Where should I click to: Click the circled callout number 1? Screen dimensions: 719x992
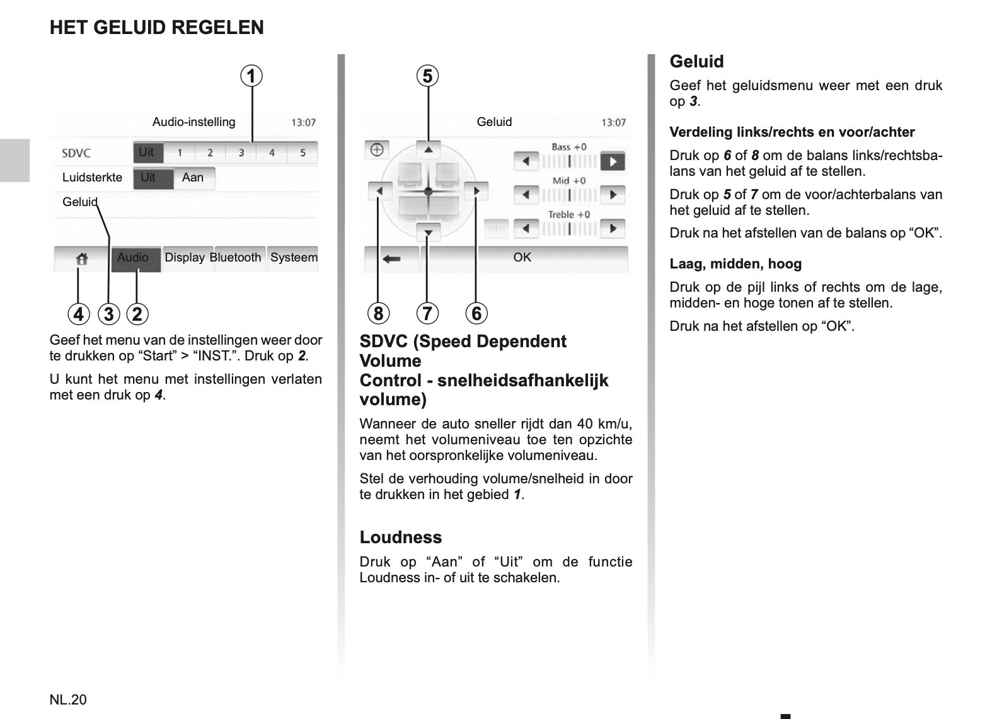pyautogui.click(x=251, y=76)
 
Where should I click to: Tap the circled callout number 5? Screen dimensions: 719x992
pyautogui.click(x=428, y=76)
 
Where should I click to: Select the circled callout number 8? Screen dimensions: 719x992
pyautogui.click(x=378, y=313)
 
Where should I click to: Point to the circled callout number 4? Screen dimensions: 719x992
pyautogui.click(x=78, y=314)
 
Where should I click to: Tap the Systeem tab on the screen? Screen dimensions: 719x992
pyautogui.click(x=294, y=258)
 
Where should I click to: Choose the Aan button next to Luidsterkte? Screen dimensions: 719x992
pyautogui.click(x=193, y=178)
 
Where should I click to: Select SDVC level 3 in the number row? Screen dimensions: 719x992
pyautogui.click(x=241, y=152)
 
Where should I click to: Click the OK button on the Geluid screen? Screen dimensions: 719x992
pyautogui.click(x=522, y=258)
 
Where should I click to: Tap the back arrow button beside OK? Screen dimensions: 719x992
pyautogui.click(x=391, y=258)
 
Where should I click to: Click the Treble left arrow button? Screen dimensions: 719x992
pyautogui.click(x=526, y=228)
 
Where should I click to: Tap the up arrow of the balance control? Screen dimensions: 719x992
pyautogui.click(x=429, y=150)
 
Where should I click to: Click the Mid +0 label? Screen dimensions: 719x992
pyautogui.click(x=569, y=181)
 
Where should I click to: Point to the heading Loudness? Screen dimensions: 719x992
pyautogui.click(x=401, y=538)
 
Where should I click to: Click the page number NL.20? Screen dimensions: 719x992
pyautogui.click(x=68, y=699)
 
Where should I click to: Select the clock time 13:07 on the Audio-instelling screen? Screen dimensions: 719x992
pyautogui.click(x=303, y=122)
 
